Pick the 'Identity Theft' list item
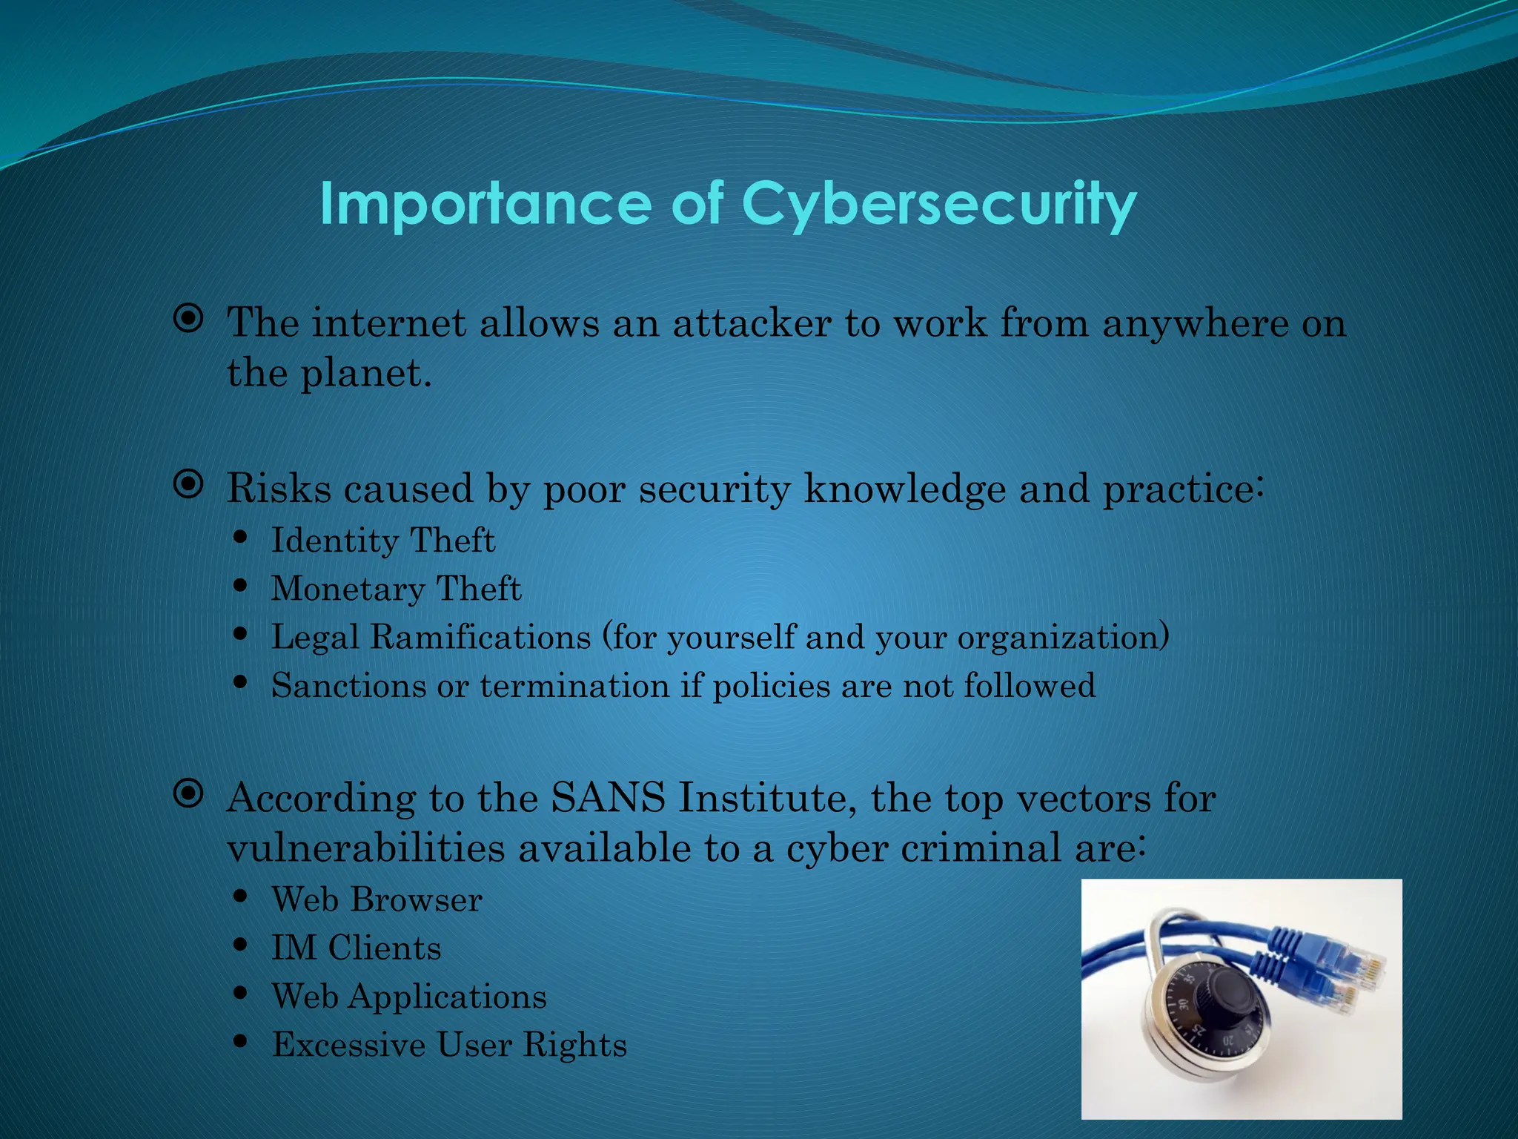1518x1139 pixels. pyautogui.click(x=382, y=540)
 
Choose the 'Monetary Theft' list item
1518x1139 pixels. pyautogui.click(x=396, y=589)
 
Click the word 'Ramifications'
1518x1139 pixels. pyautogui.click(x=480, y=636)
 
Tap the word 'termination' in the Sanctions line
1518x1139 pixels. pyautogui.click(x=574, y=685)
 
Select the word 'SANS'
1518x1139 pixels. pyautogui.click(x=608, y=799)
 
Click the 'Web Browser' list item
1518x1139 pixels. pyautogui.click(x=377, y=899)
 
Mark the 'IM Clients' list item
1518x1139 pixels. pyautogui.click(x=356, y=948)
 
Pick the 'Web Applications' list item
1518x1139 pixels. pyautogui.click(x=408, y=996)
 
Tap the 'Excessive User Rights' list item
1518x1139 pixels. pyautogui.click(x=449, y=1045)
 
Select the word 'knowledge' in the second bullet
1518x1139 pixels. pyautogui.click(x=905, y=489)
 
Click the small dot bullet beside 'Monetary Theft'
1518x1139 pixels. pyautogui.click(x=239, y=586)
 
